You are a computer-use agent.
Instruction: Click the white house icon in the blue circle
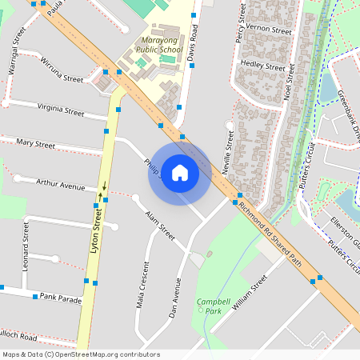click(x=179, y=173)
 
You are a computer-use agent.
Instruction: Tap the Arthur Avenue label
click(x=60, y=185)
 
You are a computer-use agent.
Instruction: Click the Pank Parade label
click(x=59, y=299)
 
